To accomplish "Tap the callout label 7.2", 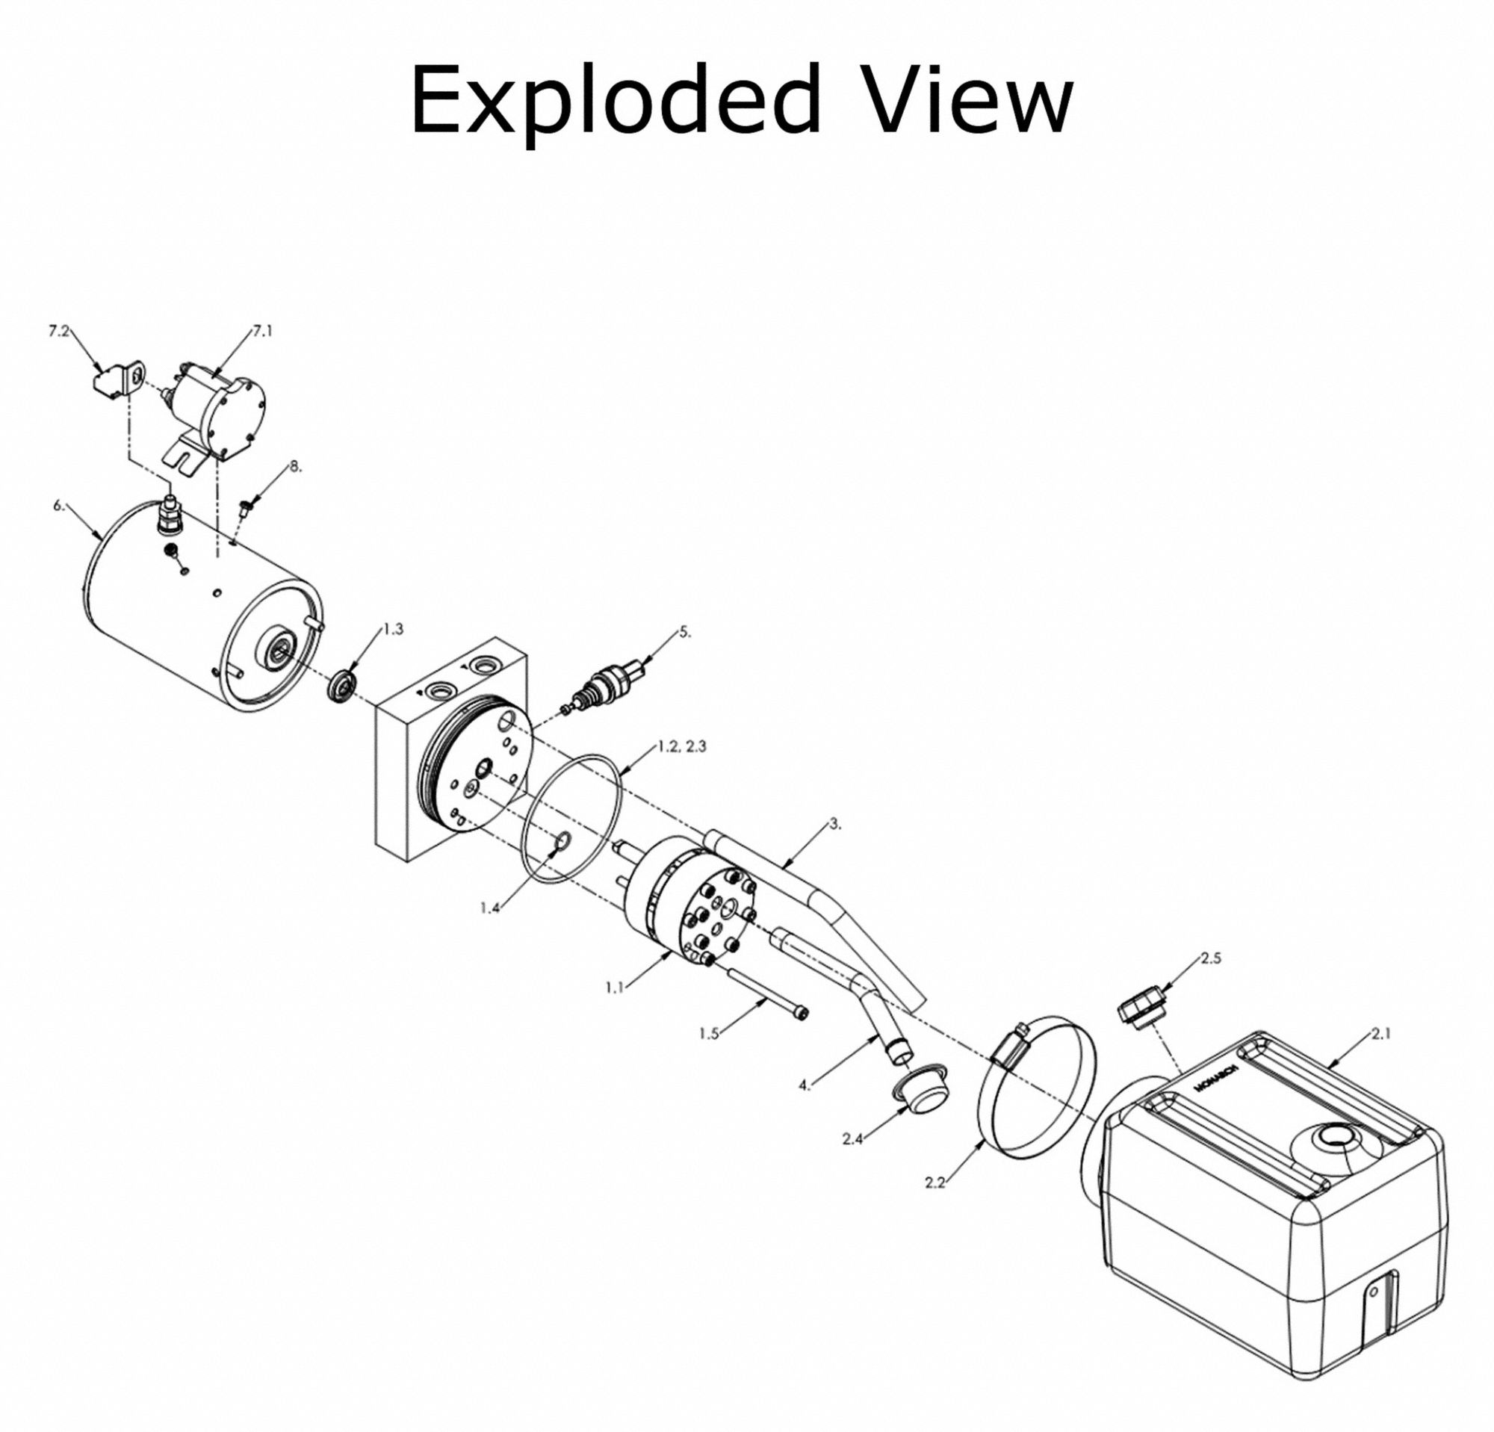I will tap(59, 333).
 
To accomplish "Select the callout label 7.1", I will tap(262, 332).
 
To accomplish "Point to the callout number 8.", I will tap(295, 467).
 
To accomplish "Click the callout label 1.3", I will tap(393, 629).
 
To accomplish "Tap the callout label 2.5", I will tap(1210, 958).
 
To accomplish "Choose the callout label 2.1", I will tap(1381, 1034).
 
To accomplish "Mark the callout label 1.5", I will tap(709, 1034).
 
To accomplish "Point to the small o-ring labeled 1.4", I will tap(562, 841).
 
